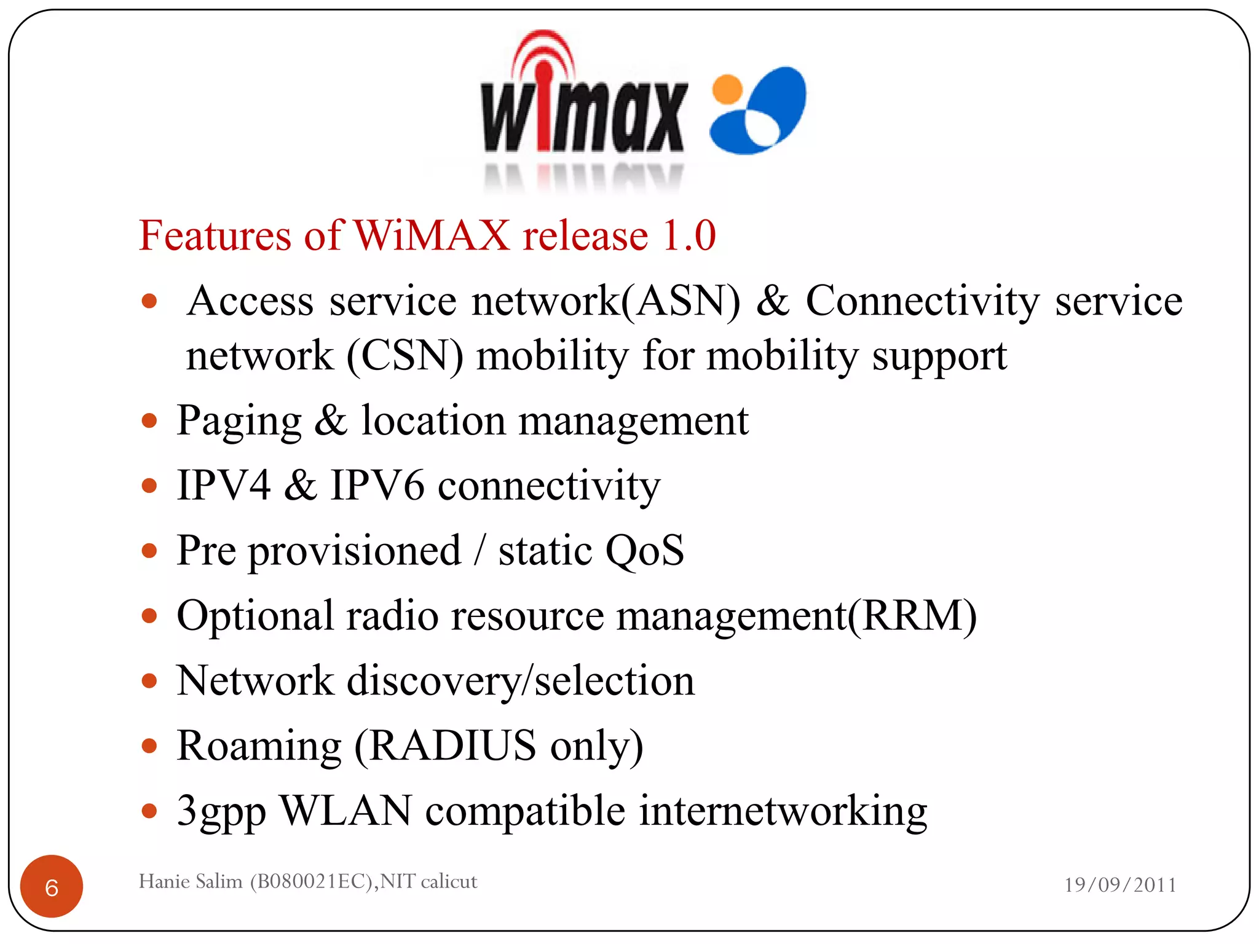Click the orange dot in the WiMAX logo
(x=728, y=89)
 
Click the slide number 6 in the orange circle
(x=52, y=887)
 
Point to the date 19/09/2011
(x=1120, y=884)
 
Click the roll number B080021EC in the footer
(x=312, y=881)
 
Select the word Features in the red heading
(x=215, y=235)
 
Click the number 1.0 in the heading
(x=689, y=235)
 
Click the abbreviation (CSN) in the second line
(x=405, y=356)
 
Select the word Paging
(x=239, y=422)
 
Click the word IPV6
(x=377, y=486)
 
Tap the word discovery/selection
(x=521, y=681)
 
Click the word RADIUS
(x=452, y=745)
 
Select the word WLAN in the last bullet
(x=345, y=811)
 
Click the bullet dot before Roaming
(x=149, y=746)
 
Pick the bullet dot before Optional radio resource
(x=149, y=616)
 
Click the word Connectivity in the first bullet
(x=922, y=301)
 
